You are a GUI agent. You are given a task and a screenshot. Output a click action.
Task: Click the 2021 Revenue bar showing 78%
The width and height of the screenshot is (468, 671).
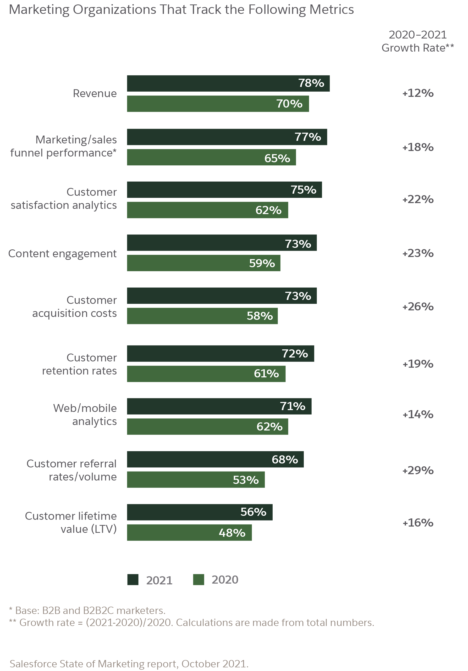pos(228,83)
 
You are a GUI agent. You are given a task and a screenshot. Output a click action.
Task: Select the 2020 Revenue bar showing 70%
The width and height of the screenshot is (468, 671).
pos(218,104)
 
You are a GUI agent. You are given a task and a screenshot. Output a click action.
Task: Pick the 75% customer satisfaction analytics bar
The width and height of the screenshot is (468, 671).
pos(224,190)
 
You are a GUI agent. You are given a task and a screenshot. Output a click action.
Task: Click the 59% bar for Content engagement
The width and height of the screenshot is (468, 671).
pos(203,263)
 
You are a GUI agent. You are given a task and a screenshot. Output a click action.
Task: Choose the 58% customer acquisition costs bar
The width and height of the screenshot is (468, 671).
pos(202,316)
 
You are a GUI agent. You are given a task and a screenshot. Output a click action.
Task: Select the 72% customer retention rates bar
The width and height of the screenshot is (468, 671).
pos(220,354)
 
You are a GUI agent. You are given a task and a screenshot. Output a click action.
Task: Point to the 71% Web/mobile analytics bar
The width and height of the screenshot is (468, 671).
pos(219,406)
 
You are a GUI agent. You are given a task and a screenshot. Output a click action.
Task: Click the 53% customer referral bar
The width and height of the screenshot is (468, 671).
pos(196,480)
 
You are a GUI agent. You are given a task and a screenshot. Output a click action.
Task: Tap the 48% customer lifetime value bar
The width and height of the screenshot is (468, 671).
pos(189,533)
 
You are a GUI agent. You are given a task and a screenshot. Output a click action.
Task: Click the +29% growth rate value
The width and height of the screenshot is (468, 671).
pos(418,471)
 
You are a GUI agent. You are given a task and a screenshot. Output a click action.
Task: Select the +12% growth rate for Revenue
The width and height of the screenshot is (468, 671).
pos(418,93)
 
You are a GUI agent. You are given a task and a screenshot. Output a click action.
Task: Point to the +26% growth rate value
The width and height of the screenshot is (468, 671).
pos(418,306)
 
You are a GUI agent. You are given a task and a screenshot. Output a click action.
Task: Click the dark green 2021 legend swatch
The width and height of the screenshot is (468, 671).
pos(133,579)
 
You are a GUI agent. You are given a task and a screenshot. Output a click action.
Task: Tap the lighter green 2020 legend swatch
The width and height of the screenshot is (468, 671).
pos(198,579)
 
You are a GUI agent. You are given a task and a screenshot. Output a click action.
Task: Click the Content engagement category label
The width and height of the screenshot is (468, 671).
pos(62,254)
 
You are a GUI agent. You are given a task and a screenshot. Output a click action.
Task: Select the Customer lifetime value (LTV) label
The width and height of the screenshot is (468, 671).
pos(71,523)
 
